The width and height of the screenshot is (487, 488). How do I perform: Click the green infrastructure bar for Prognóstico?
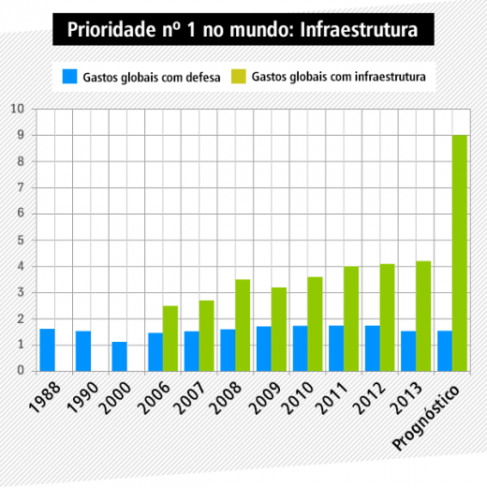(460, 253)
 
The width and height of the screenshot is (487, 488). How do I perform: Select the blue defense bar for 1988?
(47, 350)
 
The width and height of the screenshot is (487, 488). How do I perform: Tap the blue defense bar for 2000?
(120, 357)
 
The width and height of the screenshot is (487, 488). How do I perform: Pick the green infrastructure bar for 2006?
(170, 338)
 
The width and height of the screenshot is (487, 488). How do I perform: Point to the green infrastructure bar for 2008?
(243, 325)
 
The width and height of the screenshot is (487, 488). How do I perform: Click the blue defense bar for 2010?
(300, 348)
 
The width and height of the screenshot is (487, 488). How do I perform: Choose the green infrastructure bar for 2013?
(423, 317)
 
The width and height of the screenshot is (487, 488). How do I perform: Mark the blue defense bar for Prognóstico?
(445, 351)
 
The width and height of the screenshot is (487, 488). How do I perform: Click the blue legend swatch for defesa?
(69, 77)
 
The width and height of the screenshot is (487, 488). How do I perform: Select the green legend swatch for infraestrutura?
(239, 77)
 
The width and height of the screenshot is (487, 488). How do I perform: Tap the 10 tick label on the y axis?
(18, 109)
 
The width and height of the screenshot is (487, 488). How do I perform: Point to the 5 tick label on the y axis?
(21, 240)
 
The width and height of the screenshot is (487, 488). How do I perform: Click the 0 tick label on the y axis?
(21, 371)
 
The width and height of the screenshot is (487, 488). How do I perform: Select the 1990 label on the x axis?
(82, 398)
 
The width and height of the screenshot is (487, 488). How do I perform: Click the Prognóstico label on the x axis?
(426, 418)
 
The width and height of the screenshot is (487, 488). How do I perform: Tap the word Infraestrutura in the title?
(359, 30)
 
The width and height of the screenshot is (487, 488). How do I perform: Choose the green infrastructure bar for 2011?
(351, 318)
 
